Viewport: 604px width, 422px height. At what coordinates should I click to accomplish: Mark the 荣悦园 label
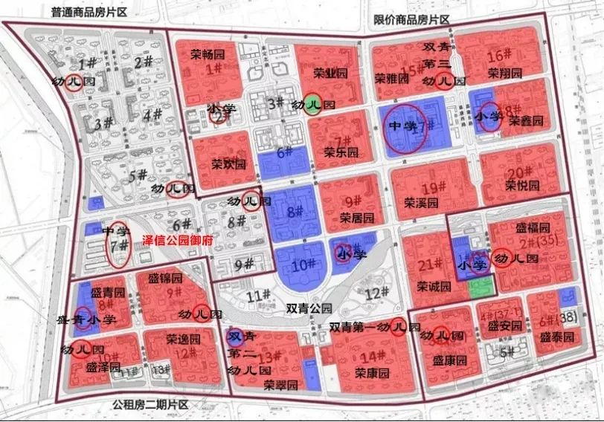tap(522, 184)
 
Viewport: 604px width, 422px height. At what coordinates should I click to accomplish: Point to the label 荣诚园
tap(434, 286)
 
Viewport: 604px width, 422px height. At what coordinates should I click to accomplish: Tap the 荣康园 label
tap(372, 372)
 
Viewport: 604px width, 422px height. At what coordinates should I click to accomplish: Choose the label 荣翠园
tap(280, 385)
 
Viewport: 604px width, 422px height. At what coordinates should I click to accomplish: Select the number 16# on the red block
tap(498, 57)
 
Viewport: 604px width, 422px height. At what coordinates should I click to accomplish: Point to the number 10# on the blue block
tap(301, 264)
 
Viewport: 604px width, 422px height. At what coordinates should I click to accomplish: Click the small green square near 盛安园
tap(480, 288)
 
